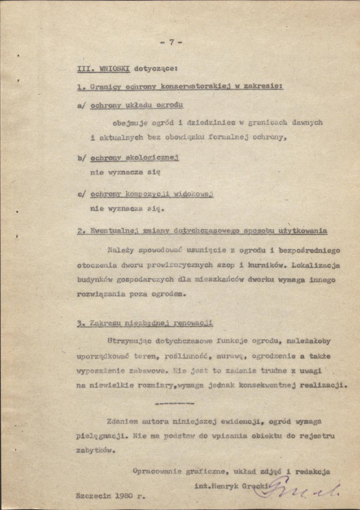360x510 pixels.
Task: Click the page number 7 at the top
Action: coord(171,42)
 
